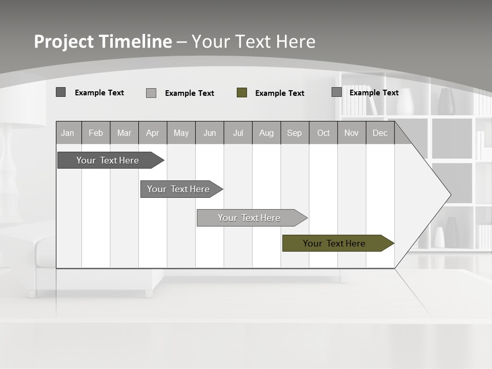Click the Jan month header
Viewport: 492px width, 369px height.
coord(68,133)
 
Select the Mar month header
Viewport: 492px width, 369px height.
coord(124,133)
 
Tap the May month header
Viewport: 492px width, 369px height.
coord(181,133)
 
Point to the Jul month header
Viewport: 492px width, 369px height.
coord(238,133)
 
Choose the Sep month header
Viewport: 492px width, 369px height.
coord(294,133)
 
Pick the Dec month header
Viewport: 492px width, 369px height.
coord(380,133)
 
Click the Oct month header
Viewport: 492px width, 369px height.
coord(323,133)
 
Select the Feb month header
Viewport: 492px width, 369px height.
coord(96,133)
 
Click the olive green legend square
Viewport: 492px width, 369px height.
coord(242,93)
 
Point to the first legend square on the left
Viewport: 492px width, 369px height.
coord(61,92)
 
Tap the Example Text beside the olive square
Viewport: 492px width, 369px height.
coord(279,93)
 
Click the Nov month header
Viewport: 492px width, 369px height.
coord(352,133)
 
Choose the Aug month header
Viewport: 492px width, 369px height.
coord(266,133)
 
